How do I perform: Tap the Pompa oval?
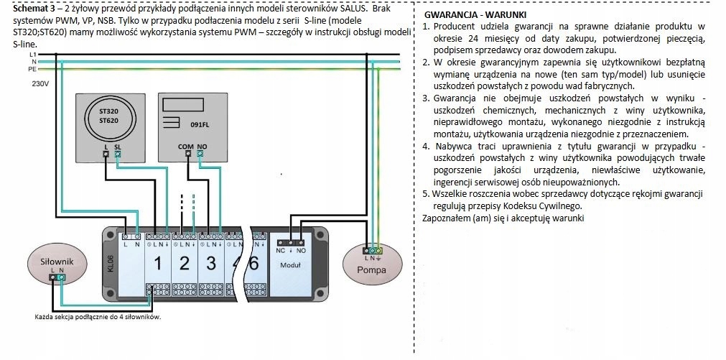click(372, 264)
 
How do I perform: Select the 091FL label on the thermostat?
click(200, 125)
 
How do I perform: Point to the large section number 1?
click(157, 264)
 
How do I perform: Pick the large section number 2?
click(185, 264)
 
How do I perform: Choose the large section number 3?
click(211, 264)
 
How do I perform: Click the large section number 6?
click(253, 264)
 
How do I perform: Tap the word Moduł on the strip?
click(291, 265)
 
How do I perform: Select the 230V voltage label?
click(40, 84)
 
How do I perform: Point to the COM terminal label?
click(186, 147)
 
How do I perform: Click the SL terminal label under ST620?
click(118, 147)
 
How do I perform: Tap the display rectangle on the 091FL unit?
click(184, 105)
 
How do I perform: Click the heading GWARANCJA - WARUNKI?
click(475, 15)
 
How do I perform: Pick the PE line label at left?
click(32, 68)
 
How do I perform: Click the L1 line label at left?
click(32, 54)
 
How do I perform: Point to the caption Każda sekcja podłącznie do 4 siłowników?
click(98, 318)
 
